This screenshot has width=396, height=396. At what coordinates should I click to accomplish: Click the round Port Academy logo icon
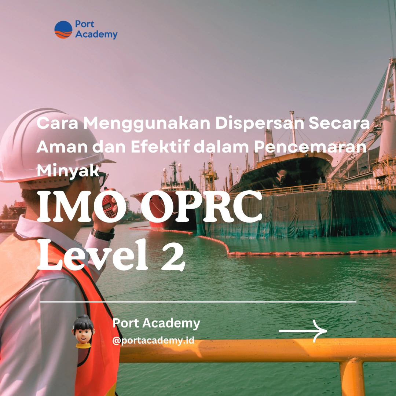(x=63, y=30)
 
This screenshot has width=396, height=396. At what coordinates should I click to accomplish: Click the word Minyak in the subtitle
(x=68, y=170)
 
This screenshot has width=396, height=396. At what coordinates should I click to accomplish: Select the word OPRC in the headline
(x=201, y=206)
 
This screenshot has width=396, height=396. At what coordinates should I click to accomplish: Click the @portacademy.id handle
(x=153, y=340)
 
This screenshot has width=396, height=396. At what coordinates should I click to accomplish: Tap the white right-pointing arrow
(x=303, y=331)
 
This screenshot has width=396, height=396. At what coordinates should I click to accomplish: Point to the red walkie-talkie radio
(x=109, y=202)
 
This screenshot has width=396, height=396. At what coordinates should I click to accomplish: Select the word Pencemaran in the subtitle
(x=310, y=147)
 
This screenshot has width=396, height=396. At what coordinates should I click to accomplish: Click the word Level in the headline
(x=93, y=254)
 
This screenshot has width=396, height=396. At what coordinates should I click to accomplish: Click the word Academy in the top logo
(x=96, y=34)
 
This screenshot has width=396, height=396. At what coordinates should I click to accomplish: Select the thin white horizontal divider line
(x=198, y=302)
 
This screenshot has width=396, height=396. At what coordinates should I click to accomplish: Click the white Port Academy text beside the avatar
(x=156, y=323)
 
